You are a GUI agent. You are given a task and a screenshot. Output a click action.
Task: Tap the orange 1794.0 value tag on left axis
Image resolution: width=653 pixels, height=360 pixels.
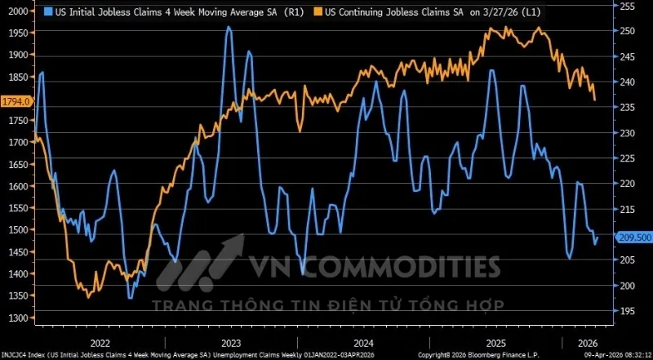(16, 101)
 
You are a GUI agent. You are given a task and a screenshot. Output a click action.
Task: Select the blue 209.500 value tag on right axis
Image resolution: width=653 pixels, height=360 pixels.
(633, 238)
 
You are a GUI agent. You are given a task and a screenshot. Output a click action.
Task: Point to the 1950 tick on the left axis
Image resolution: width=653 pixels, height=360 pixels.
(17, 33)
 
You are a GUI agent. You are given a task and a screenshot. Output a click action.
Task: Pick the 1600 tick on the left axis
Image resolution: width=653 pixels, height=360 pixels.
(17, 186)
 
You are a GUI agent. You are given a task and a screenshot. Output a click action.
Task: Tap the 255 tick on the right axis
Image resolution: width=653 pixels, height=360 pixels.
(627, 6)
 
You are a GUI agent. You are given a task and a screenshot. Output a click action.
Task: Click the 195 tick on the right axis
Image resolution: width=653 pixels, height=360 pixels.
(627, 311)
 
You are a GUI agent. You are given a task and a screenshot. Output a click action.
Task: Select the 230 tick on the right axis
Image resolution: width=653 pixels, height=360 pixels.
(627, 133)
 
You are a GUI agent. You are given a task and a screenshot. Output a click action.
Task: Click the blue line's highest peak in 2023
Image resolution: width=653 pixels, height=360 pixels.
(228, 27)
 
